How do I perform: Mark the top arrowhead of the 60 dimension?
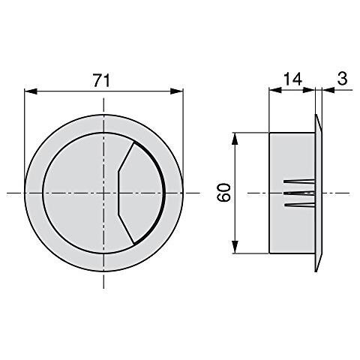[235, 137]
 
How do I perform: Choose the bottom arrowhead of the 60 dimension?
[235, 250]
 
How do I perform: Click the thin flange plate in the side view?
[318, 193]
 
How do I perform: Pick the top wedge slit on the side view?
[298, 182]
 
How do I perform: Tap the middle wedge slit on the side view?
[298, 193]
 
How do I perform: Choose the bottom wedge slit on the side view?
[298, 205]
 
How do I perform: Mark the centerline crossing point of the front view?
[104, 193]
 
